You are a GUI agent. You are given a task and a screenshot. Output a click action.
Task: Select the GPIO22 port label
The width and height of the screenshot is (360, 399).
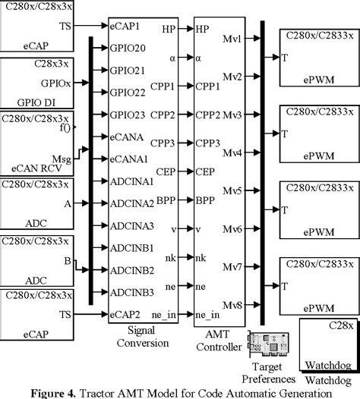(128, 93)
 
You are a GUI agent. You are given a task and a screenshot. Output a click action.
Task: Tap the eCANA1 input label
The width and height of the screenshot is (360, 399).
(128, 159)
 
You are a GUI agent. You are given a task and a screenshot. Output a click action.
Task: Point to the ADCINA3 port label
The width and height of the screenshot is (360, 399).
(132, 226)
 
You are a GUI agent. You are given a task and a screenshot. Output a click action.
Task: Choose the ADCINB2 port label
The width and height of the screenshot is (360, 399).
(132, 270)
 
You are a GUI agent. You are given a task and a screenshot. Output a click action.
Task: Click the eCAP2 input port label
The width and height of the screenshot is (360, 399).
(125, 315)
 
